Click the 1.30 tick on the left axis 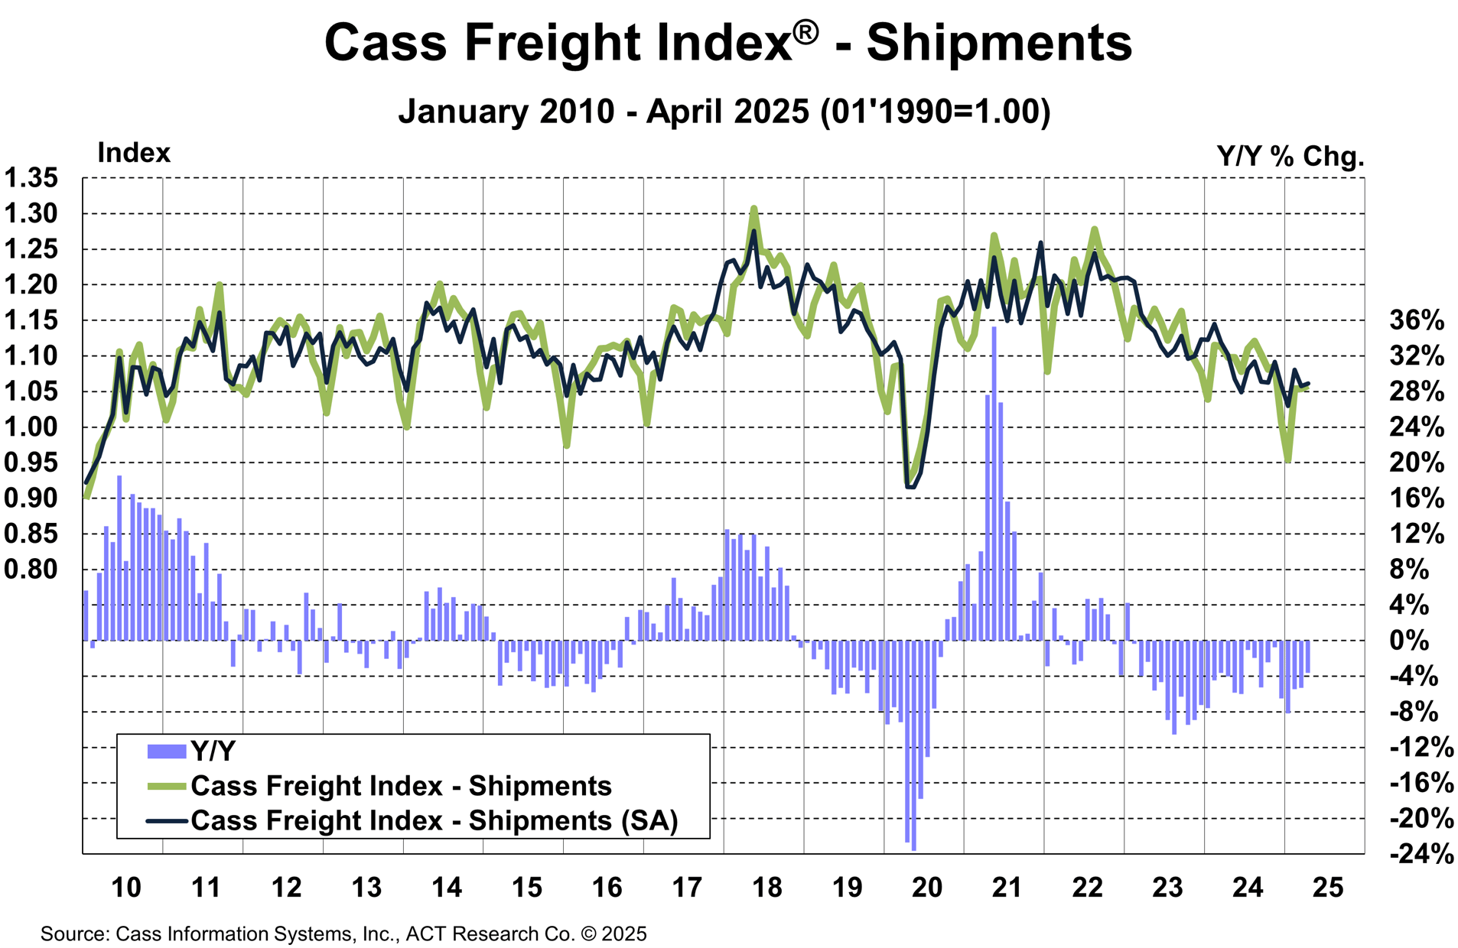[31, 214]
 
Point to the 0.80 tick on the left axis [31, 570]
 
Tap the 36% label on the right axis [1416, 320]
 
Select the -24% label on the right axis [1421, 854]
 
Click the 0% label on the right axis [1409, 641]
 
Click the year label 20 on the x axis [926, 888]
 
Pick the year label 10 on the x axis [126, 888]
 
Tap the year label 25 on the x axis [1327, 888]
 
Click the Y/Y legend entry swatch [166, 752]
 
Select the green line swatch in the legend [166, 786]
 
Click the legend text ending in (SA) [434, 820]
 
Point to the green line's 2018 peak [753, 208]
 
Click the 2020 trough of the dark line [910, 486]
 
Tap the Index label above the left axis [134, 154]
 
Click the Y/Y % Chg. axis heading [1290, 157]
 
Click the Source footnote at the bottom [343, 933]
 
